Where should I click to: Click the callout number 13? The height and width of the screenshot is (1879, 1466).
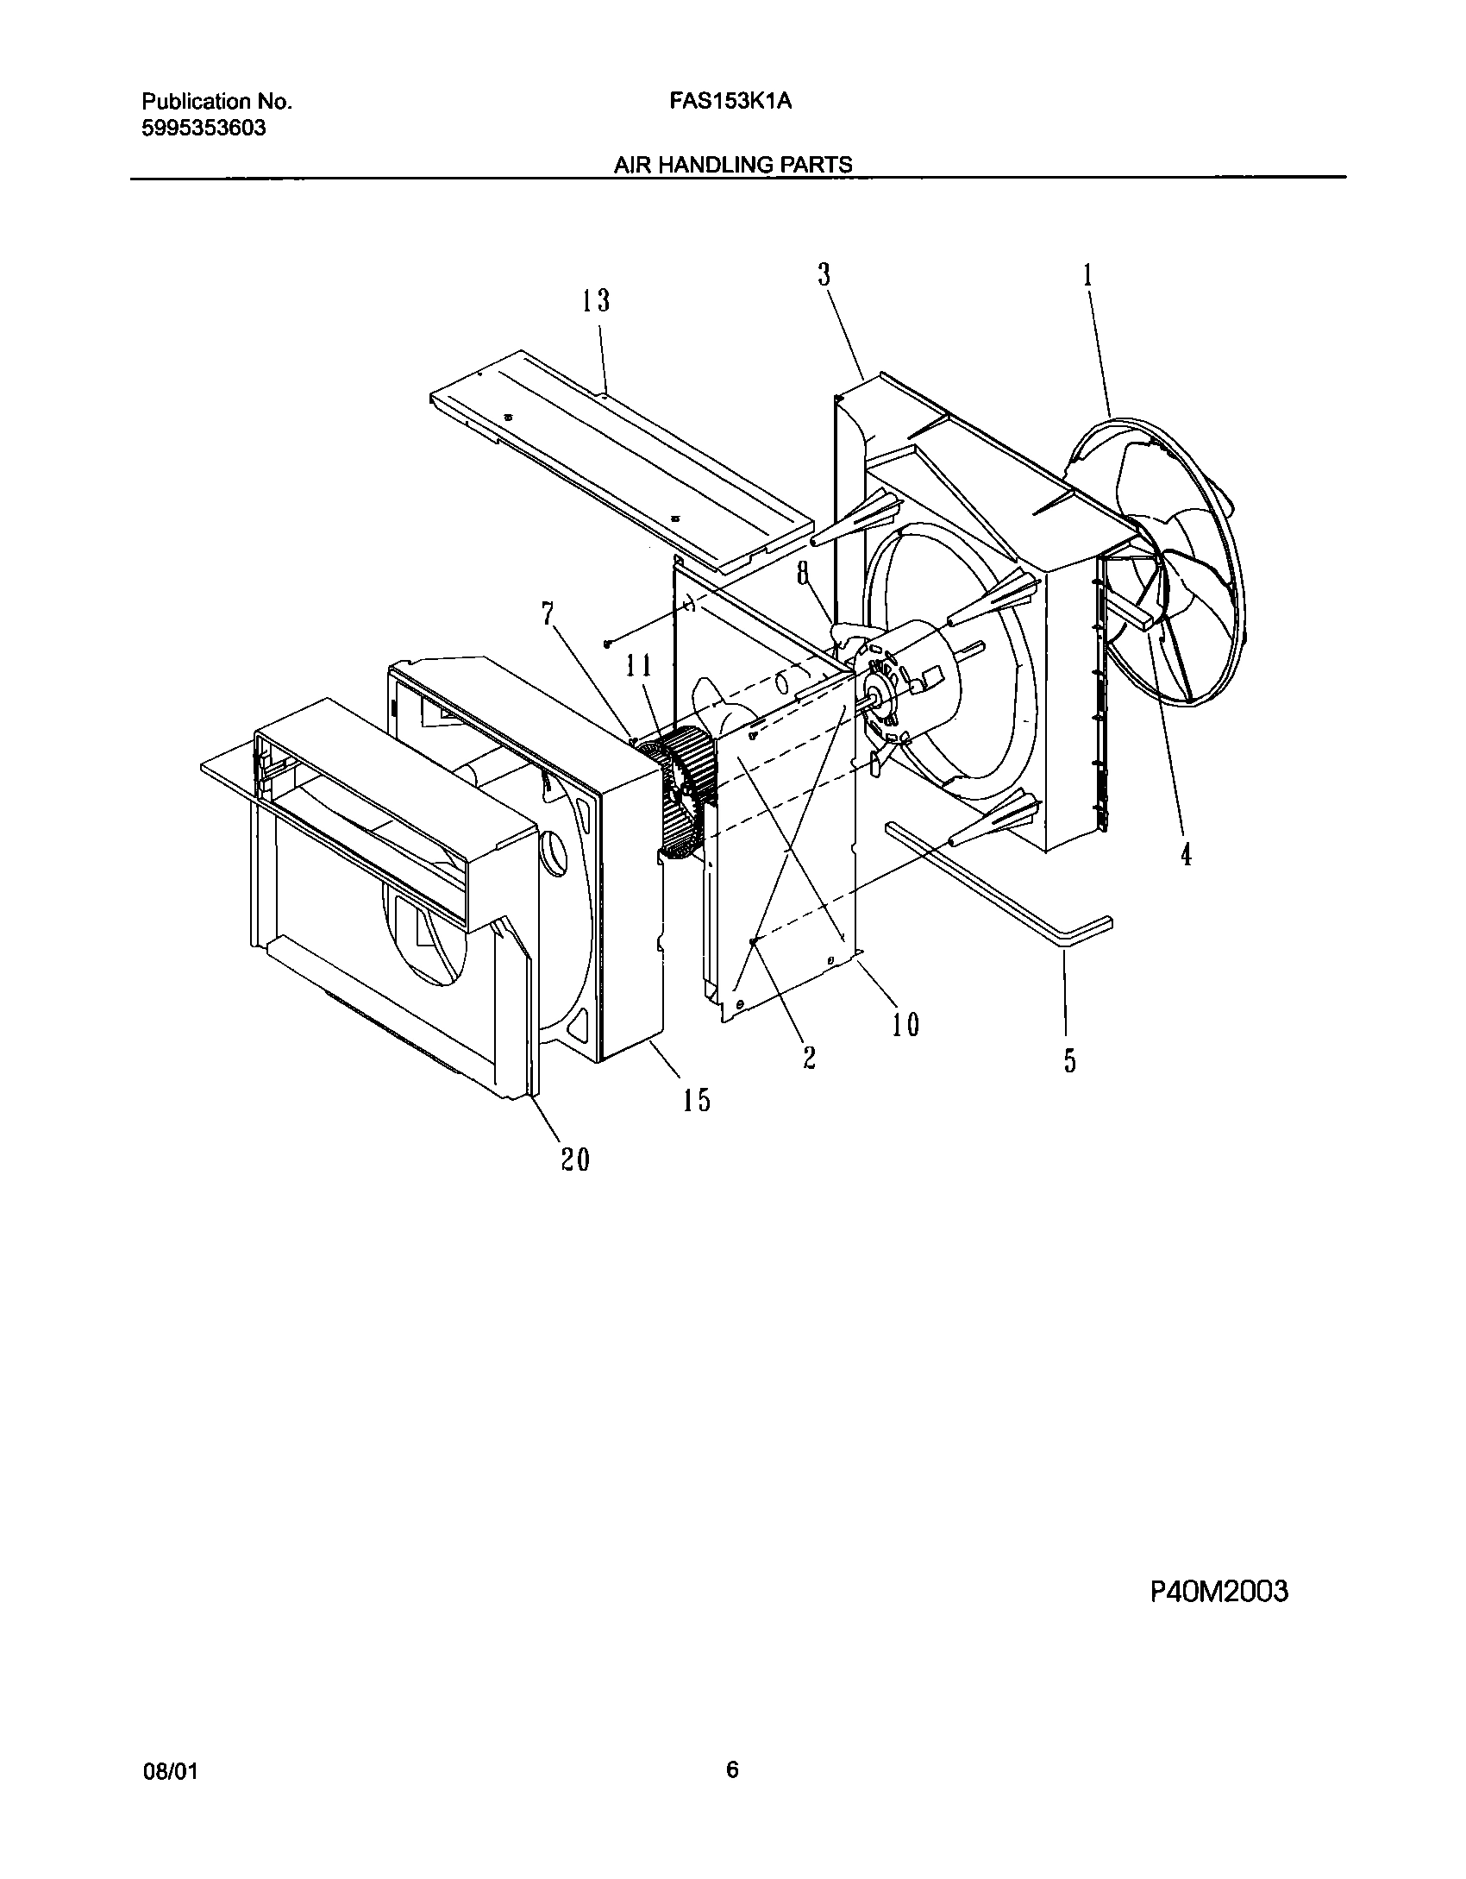click(595, 301)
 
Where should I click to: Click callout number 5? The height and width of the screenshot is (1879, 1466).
click(1069, 1060)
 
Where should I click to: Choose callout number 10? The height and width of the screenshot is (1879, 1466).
click(905, 1024)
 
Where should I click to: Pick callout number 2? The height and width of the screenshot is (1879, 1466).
click(809, 1058)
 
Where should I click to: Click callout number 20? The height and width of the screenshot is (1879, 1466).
click(575, 1159)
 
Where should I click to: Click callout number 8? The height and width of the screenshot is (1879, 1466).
click(803, 573)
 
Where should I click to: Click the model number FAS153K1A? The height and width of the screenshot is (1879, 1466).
click(730, 102)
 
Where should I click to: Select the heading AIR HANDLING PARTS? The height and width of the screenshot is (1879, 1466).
click(732, 165)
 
